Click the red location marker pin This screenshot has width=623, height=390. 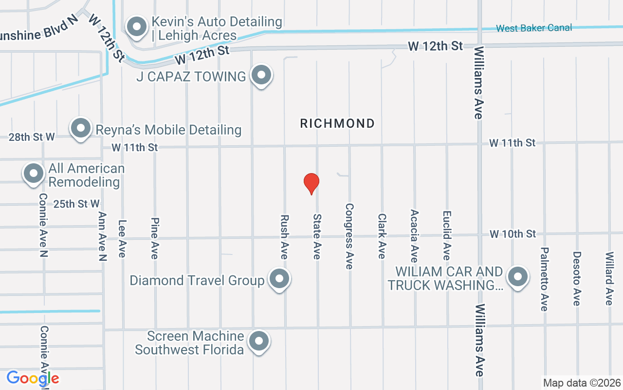click(311, 183)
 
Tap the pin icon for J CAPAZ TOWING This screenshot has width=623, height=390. click(261, 76)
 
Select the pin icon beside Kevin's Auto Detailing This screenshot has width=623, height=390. click(137, 27)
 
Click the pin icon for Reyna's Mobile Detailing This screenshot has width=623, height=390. click(81, 129)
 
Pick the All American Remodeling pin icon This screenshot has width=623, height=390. click(34, 174)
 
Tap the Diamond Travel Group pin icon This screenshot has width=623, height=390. click(279, 279)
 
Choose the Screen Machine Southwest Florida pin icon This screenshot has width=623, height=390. click(258, 342)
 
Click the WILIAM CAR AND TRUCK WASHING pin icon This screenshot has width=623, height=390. click(517, 277)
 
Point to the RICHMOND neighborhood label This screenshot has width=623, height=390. click(337, 123)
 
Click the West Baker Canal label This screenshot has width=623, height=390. click(534, 28)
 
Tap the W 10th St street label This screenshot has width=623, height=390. click(513, 234)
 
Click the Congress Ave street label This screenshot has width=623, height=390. click(349, 236)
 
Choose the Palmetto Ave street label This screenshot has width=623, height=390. click(544, 279)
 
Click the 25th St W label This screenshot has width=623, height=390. click(76, 204)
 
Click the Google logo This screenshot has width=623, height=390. click(33, 378)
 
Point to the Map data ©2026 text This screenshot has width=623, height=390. click(582, 383)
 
